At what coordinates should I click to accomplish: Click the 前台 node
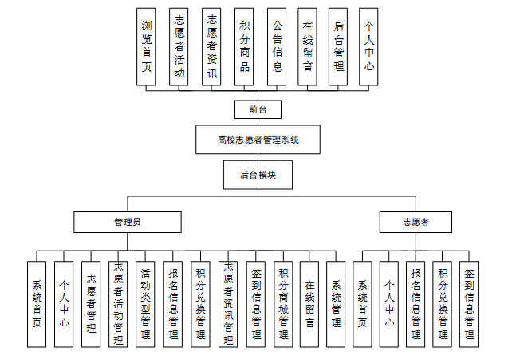pyautogui.click(x=258, y=109)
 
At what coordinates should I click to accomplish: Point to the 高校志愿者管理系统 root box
pyautogui.click(x=258, y=140)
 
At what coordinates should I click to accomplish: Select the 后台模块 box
pyautogui.click(x=258, y=172)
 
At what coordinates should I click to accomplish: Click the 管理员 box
pyautogui.click(x=128, y=221)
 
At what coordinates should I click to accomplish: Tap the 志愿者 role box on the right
pyautogui.click(x=415, y=221)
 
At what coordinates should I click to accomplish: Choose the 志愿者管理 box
pyautogui.click(x=92, y=304)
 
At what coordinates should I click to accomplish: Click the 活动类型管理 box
pyautogui.click(x=145, y=304)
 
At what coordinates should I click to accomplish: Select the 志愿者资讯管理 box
pyautogui.click(x=229, y=304)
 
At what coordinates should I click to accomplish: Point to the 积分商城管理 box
pyautogui.click(x=283, y=304)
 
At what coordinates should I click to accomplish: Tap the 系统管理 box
pyautogui.click(x=336, y=304)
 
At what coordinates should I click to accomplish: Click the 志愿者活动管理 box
pyautogui.click(x=118, y=304)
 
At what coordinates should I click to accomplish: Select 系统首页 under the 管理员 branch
pyautogui.click(x=37, y=304)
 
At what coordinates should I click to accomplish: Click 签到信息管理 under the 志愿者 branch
pyautogui.click(x=469, y=304)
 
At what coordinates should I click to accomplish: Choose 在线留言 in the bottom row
pyautogui.click(x=309, y=304)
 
